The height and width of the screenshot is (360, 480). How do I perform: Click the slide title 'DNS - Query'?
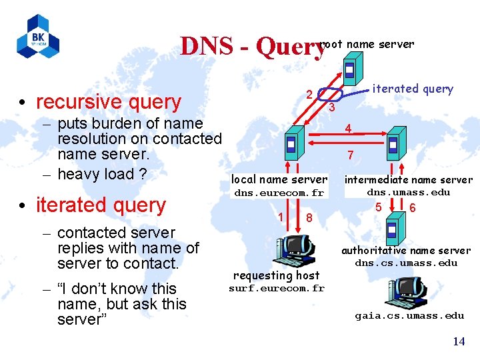[x=252, y=47]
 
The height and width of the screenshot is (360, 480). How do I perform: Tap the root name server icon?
[x=349, y=69]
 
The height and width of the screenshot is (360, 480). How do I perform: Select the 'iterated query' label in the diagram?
[x=412, y=89]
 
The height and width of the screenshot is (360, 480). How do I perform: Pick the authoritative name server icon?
[x=392, y=231]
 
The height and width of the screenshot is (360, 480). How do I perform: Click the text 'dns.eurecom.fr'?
[x=279, y=193]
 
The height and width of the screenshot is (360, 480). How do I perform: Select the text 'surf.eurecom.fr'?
[x=277, y=288]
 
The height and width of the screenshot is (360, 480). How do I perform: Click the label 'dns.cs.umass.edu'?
[x=406, y=263]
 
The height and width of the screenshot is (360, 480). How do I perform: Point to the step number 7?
[x=349, y=156]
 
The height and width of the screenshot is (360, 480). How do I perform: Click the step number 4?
[x=348, y=128]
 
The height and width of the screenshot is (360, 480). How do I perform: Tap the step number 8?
[x=309, y=218]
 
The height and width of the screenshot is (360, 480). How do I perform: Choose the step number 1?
[x=281, y=217]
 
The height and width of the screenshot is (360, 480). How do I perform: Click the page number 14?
[x=459, y=341]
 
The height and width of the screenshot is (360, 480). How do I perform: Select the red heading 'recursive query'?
[x=108, y=101]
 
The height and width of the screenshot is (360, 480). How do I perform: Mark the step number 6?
[x=413, y=207]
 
